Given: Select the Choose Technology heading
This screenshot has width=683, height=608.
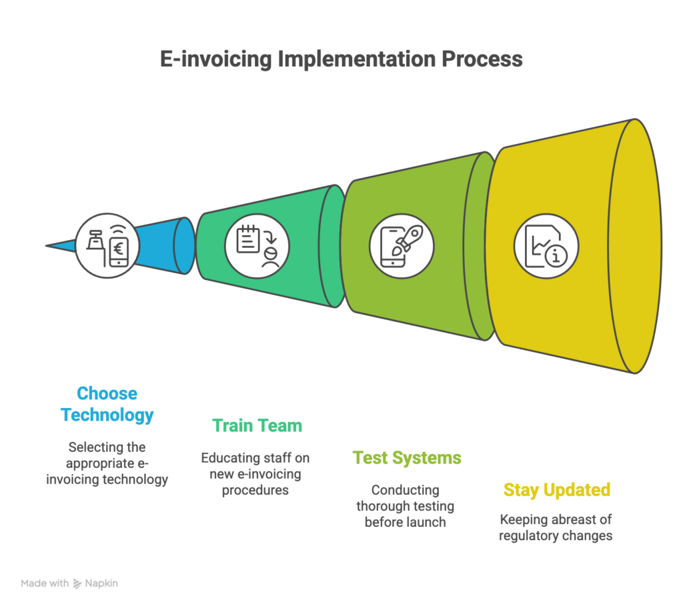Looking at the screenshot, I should pos(107,404).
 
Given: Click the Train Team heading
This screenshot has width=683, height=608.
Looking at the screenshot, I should pos(257,425).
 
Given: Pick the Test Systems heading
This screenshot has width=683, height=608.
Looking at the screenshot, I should pos(407,458).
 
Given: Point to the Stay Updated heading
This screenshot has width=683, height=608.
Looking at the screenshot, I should pos(557,490).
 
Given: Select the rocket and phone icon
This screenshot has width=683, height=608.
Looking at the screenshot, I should pos(402,245).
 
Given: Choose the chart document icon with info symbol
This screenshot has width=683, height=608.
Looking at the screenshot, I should pos(546,245).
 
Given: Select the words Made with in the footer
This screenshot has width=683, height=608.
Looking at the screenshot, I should pos(44,583).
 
